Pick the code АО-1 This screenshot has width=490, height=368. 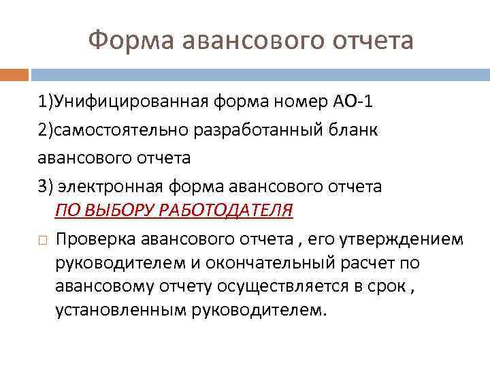coord(351,102)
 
